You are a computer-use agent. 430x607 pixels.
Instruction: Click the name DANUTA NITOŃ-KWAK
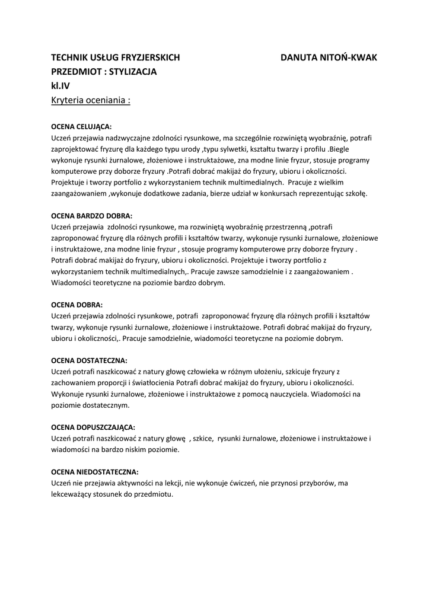pos(329,57)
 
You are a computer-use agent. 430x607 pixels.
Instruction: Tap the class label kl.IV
pos(60,86)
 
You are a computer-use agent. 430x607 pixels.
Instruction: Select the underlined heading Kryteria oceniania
pos(91,100)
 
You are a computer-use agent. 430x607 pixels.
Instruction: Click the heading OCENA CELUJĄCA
pos(81,127)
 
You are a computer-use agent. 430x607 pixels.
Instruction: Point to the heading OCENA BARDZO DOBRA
pos(92,216)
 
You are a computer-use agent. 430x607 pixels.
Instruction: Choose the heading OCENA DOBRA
pos(77,305)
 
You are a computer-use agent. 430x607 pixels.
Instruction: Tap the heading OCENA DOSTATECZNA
pos(89,360)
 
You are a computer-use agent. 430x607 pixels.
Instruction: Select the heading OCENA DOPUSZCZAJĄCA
pos(93,427)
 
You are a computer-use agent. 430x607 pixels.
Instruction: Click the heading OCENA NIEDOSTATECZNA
pos(95,472)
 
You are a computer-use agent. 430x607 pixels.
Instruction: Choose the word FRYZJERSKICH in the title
pos(150,57)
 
